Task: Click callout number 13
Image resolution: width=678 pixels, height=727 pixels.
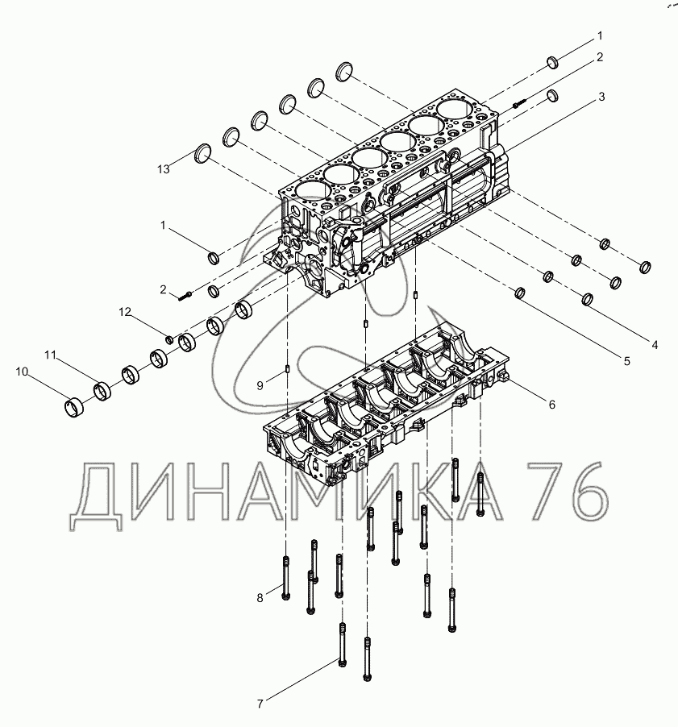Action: pos(164,168)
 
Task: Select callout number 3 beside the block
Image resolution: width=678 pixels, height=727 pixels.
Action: pos(601,97)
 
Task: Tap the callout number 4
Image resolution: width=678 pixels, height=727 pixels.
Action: pos(655,345)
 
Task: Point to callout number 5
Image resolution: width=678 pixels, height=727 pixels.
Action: pos(626,362)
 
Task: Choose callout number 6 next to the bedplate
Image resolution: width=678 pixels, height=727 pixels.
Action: pos(551,405)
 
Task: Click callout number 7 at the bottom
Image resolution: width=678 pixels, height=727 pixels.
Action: pos(260,704)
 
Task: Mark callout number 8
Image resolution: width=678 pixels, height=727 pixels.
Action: pos(260,597)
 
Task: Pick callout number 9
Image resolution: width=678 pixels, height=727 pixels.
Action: pos(260,386)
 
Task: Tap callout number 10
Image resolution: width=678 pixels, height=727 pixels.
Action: pos(21,372)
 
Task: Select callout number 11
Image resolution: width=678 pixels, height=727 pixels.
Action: pos(50,354)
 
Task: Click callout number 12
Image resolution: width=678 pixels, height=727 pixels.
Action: pos(125,311)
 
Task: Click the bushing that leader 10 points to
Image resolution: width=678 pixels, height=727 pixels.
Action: pos(74,405)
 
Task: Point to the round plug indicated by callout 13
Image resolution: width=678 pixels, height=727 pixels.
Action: pos(204,154)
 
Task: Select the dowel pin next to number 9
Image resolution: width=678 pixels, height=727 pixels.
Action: pos(288,371)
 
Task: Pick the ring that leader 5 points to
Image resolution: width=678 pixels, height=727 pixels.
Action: pos(520,293)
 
